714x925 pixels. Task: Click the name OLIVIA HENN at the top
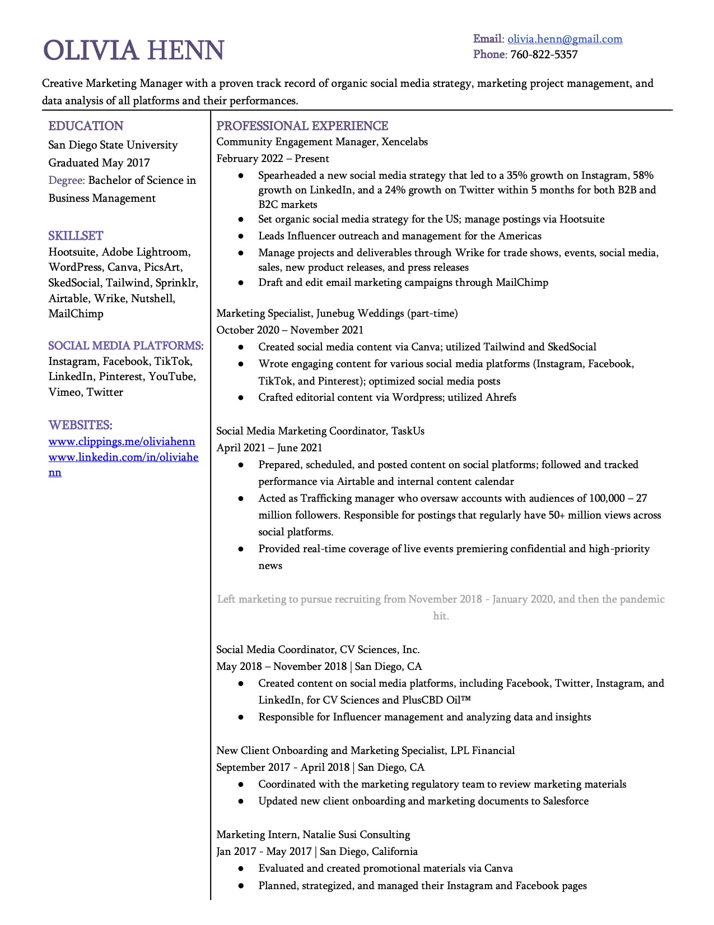134,51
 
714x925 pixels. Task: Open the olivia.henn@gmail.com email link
564,39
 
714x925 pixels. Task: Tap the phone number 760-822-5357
543,54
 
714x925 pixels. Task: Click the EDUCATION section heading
86,126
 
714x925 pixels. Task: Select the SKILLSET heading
76,236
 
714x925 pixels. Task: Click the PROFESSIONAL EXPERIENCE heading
302,126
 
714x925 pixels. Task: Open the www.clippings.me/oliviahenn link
122,442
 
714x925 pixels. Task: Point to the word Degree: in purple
67,181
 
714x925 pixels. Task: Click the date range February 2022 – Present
272,159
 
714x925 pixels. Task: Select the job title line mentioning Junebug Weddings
337,313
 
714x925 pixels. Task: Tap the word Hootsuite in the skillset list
72,252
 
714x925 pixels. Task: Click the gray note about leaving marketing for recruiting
441,599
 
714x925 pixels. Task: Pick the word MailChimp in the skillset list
76,314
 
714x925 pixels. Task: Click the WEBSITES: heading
80,425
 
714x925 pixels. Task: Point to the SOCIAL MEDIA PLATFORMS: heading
125,346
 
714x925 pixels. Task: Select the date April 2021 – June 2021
269,448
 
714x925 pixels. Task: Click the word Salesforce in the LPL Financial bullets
566,801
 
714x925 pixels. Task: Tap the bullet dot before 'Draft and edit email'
241,283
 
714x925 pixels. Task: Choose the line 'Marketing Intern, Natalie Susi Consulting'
313,835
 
